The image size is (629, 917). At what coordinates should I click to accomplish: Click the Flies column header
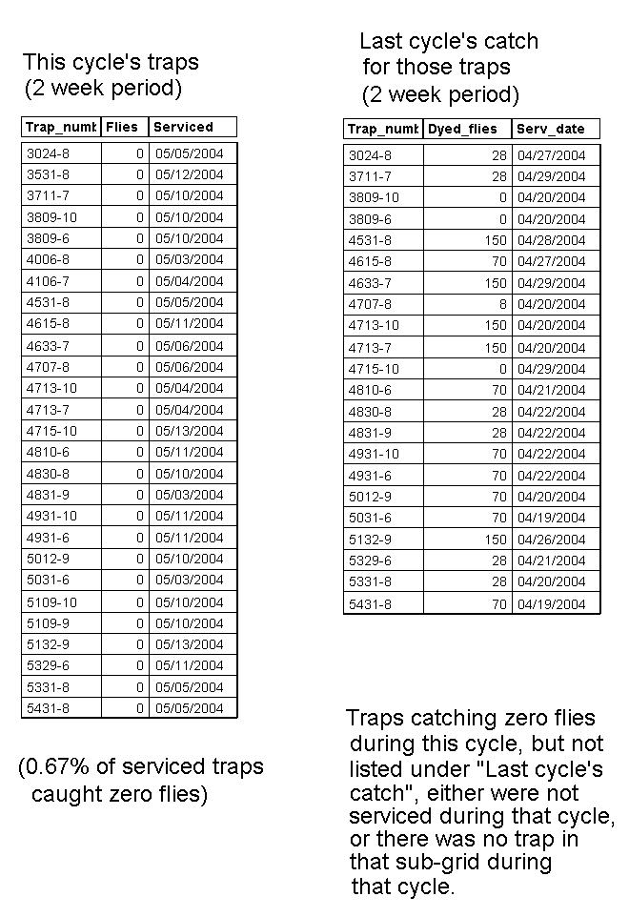click(122, 127)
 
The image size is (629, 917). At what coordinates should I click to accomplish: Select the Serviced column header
click(183, 127)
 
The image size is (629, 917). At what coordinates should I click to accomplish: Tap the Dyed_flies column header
click(462, 130)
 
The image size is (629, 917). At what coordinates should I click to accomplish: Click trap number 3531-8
click(48, 174)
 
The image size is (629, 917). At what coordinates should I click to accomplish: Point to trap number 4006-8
click(48, 259)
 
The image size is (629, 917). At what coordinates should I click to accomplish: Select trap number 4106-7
click(48, 281)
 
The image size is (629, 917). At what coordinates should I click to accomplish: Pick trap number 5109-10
click(51, 602)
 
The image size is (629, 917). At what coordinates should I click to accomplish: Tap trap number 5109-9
click(48, 623)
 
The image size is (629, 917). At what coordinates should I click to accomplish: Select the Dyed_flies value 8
click(502, 304)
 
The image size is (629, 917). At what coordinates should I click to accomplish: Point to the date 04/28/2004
click(551, 240)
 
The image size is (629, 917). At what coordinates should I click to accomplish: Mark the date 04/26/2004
click(551, 540)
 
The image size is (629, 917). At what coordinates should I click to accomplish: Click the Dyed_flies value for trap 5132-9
click(496, 540)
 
